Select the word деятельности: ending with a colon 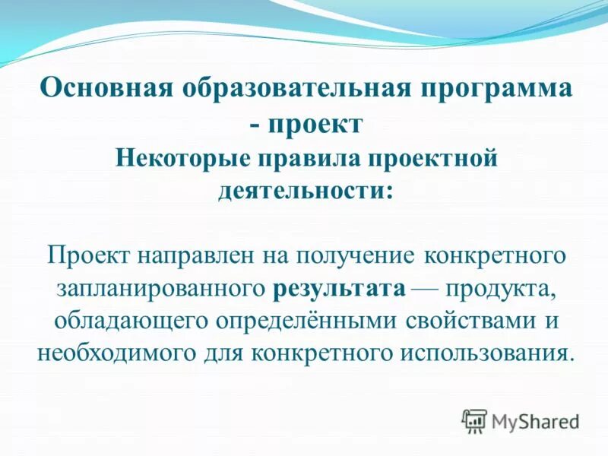(x=306, y=189)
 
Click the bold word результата (x=338, y=288)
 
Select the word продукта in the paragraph (x=504, y=288)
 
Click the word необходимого (x=117, y=353)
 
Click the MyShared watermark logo (x=521, y=420)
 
